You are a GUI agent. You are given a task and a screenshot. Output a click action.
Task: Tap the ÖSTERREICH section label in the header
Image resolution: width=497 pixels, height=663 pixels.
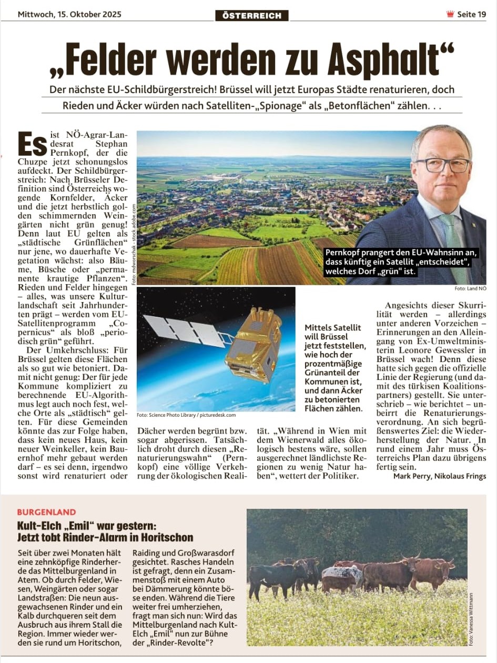(x=252, y=15)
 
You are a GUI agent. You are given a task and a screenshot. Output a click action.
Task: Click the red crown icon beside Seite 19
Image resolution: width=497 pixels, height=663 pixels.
(x=450, y=14)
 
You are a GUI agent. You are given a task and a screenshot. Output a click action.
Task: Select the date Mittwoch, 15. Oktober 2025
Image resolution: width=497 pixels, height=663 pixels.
(x=69, y=14)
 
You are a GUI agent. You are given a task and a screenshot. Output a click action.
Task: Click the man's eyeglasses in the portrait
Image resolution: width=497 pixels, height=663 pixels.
(x=443, y=165)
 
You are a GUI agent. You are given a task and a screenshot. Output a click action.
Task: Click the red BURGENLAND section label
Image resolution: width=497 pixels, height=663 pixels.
(x=46, y=512)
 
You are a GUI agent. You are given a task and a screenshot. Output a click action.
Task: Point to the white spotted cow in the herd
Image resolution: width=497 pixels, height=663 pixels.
(x=342, y=574)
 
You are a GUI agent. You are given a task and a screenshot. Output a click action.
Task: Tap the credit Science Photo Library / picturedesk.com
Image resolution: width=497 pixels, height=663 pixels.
(x=187, y=415)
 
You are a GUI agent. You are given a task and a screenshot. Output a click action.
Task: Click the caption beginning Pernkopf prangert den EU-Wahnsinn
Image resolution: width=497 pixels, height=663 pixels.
(x=397, y=262)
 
